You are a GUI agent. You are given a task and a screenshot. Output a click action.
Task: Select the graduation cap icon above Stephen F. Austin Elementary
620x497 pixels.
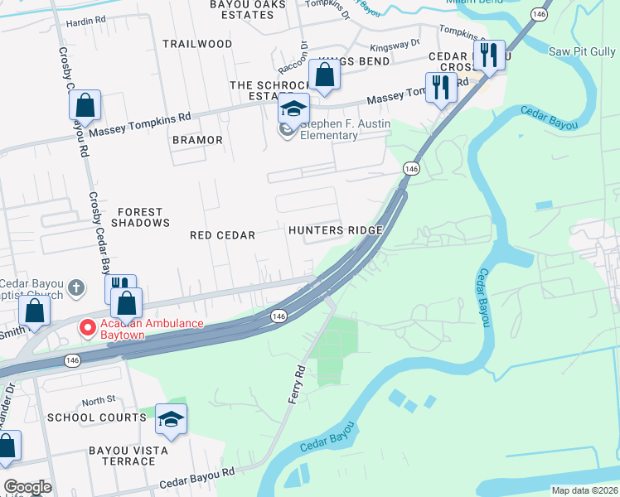[x=293, y=109]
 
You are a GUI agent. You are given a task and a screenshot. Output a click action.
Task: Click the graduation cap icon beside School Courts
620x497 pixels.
[x=171, y=420]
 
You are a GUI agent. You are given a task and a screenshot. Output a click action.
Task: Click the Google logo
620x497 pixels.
[x=27, y=487]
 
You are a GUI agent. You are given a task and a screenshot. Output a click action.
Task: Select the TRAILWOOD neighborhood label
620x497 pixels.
[x=197, y=43]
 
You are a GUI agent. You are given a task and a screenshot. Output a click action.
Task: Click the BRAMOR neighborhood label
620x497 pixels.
[x=197, y=140]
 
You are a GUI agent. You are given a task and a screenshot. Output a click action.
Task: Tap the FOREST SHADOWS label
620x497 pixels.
[x=140, y=217]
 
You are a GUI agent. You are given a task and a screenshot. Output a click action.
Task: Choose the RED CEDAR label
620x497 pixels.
[x=222, y=235]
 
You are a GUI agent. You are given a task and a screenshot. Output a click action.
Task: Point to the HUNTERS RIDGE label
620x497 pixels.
[x=335, y=230]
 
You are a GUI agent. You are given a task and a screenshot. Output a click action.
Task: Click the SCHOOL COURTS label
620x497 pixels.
[x=96, y=417]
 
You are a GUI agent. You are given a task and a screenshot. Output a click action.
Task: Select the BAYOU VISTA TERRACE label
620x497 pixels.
[x=128, y=456]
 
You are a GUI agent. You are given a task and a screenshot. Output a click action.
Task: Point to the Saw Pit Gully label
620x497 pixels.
[x=582, y=52]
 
